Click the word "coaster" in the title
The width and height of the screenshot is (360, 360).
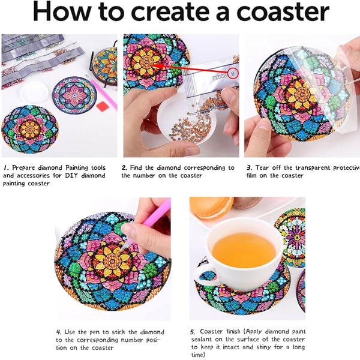[283, 11]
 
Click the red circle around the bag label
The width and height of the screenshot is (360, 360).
[233, 73]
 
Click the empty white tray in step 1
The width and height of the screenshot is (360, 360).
[34, 93]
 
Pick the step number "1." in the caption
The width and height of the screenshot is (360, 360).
[7, 168]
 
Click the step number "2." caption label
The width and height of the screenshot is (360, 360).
[124, 168]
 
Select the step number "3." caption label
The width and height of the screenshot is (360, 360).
[250, 168]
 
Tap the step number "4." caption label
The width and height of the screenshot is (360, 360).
[59, 332]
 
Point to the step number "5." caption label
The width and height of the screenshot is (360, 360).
[193, 332]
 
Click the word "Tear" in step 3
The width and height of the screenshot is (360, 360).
[262, 168]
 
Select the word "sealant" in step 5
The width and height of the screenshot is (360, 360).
[202, 340]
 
